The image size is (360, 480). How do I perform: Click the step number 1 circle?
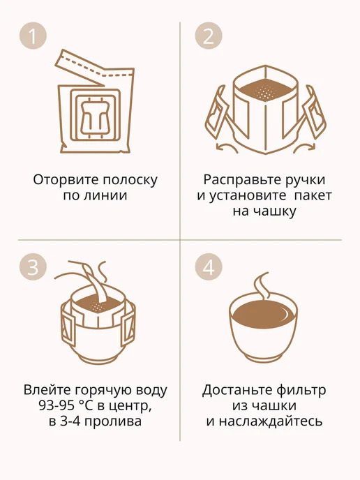pos(33,36)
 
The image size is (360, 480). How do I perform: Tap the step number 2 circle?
pos(209,36)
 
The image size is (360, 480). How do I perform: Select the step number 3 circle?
pos(33,267)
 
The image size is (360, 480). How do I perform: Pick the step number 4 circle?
pos(209,267)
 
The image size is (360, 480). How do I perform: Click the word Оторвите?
pos(66,180)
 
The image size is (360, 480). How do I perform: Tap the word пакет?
pos(313,195)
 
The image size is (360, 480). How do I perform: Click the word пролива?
pos(112,421)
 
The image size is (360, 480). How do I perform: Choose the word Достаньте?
pos(237,390)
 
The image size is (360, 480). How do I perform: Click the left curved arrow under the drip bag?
pos(227,147)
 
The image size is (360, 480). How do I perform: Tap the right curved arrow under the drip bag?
pos(305,147)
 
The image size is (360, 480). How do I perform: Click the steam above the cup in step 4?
pos(262,285)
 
